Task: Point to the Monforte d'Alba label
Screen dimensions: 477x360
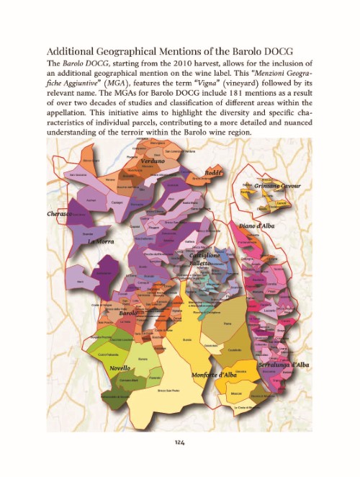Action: [215, 375]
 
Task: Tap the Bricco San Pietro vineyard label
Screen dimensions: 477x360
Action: [168, 391]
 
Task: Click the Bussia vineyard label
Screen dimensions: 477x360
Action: [187, 338]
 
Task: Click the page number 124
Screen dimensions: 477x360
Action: [180, 441]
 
